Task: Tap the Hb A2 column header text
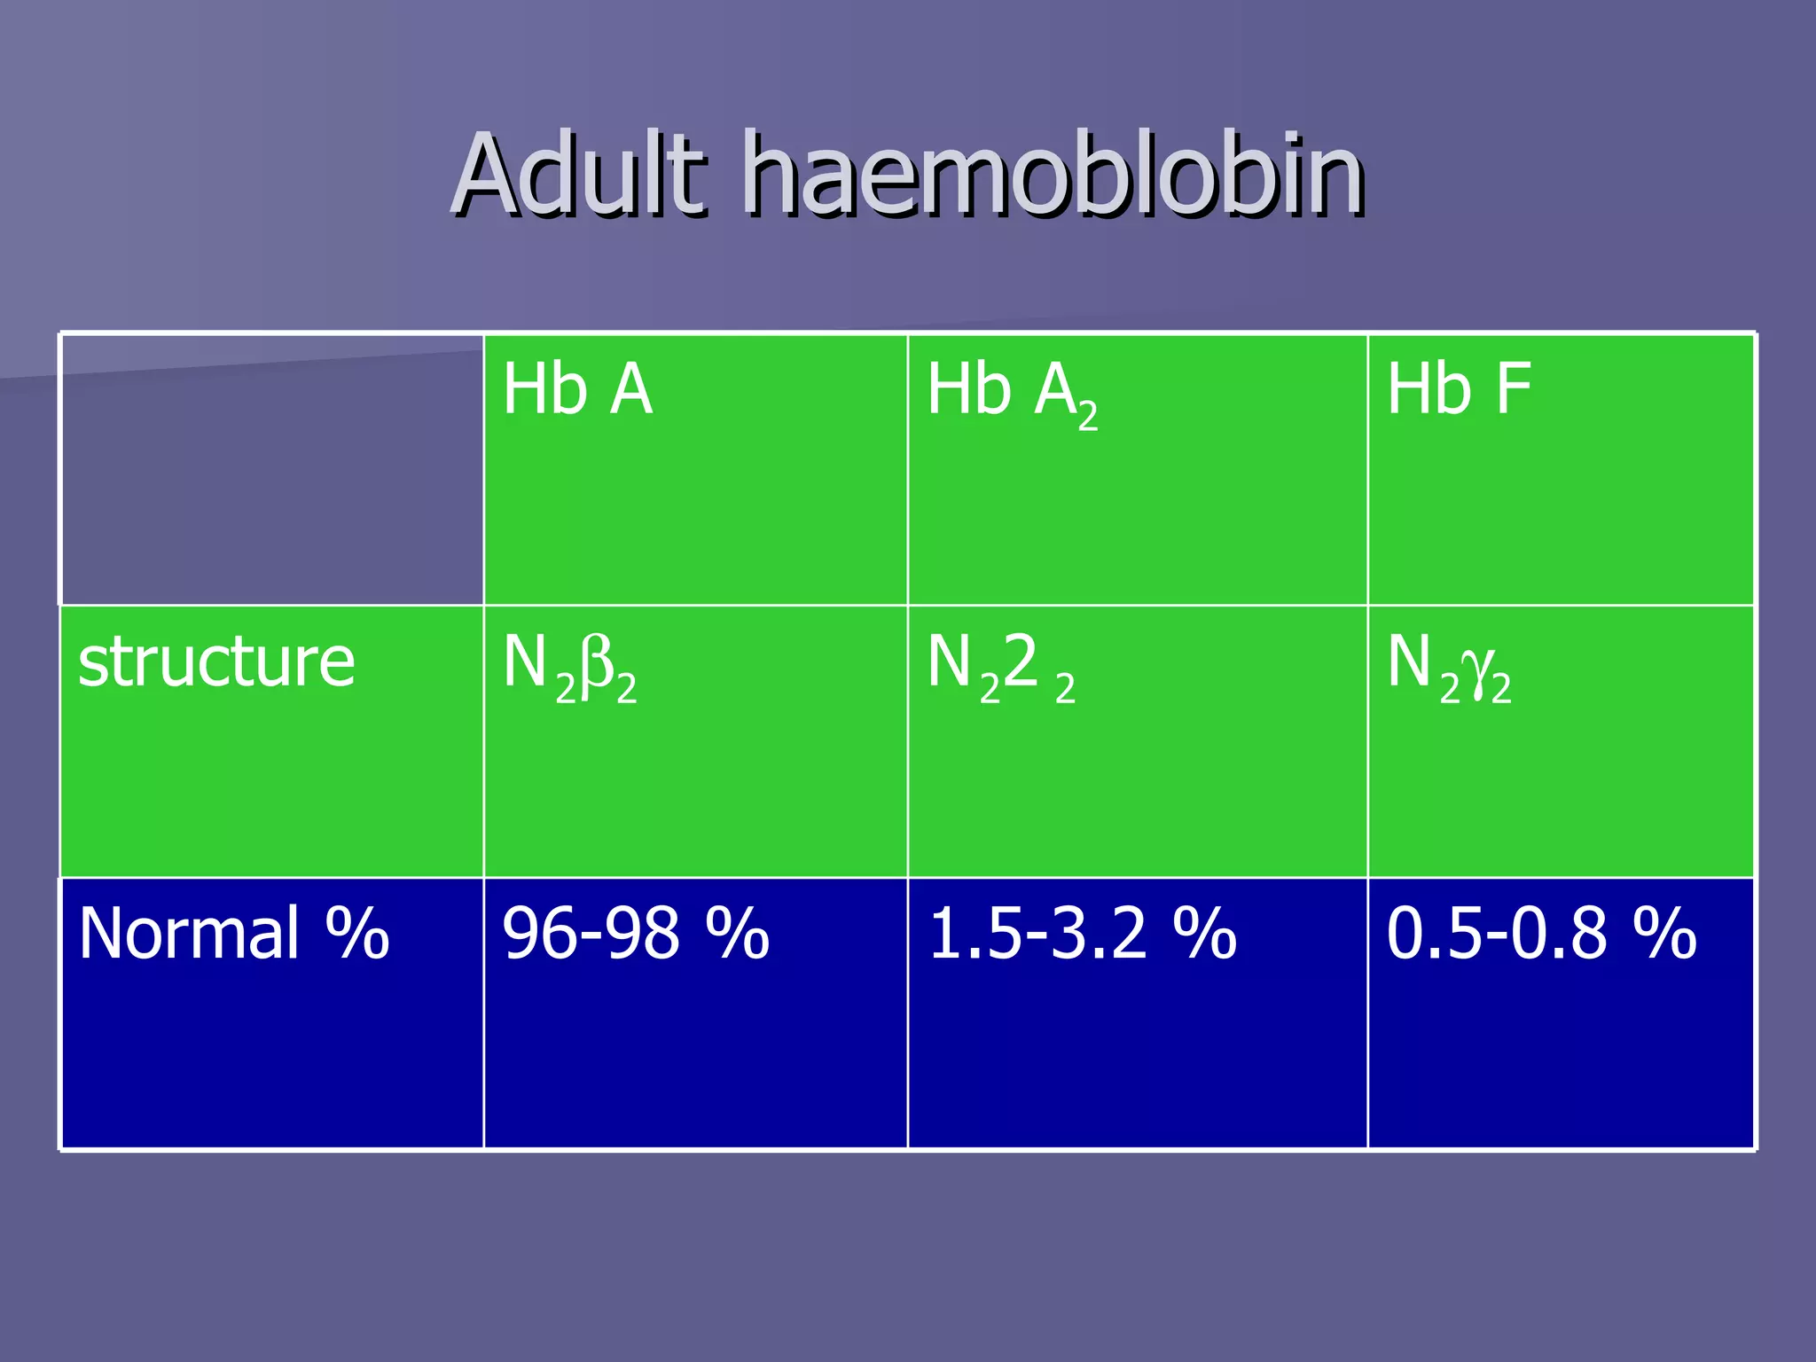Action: (x=1012, y=394)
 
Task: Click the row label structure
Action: (x=216, y=662)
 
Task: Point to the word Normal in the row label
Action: (x=189, y=934)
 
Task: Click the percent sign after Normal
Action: (x=357, y=934)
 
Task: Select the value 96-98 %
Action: (x=635, y=934)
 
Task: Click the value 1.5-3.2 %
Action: (x=1082, y=934)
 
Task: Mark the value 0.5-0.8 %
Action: (x=1541, y=934)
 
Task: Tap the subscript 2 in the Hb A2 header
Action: (x=1088, y=415)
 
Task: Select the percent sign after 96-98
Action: (x=738, y=934)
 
